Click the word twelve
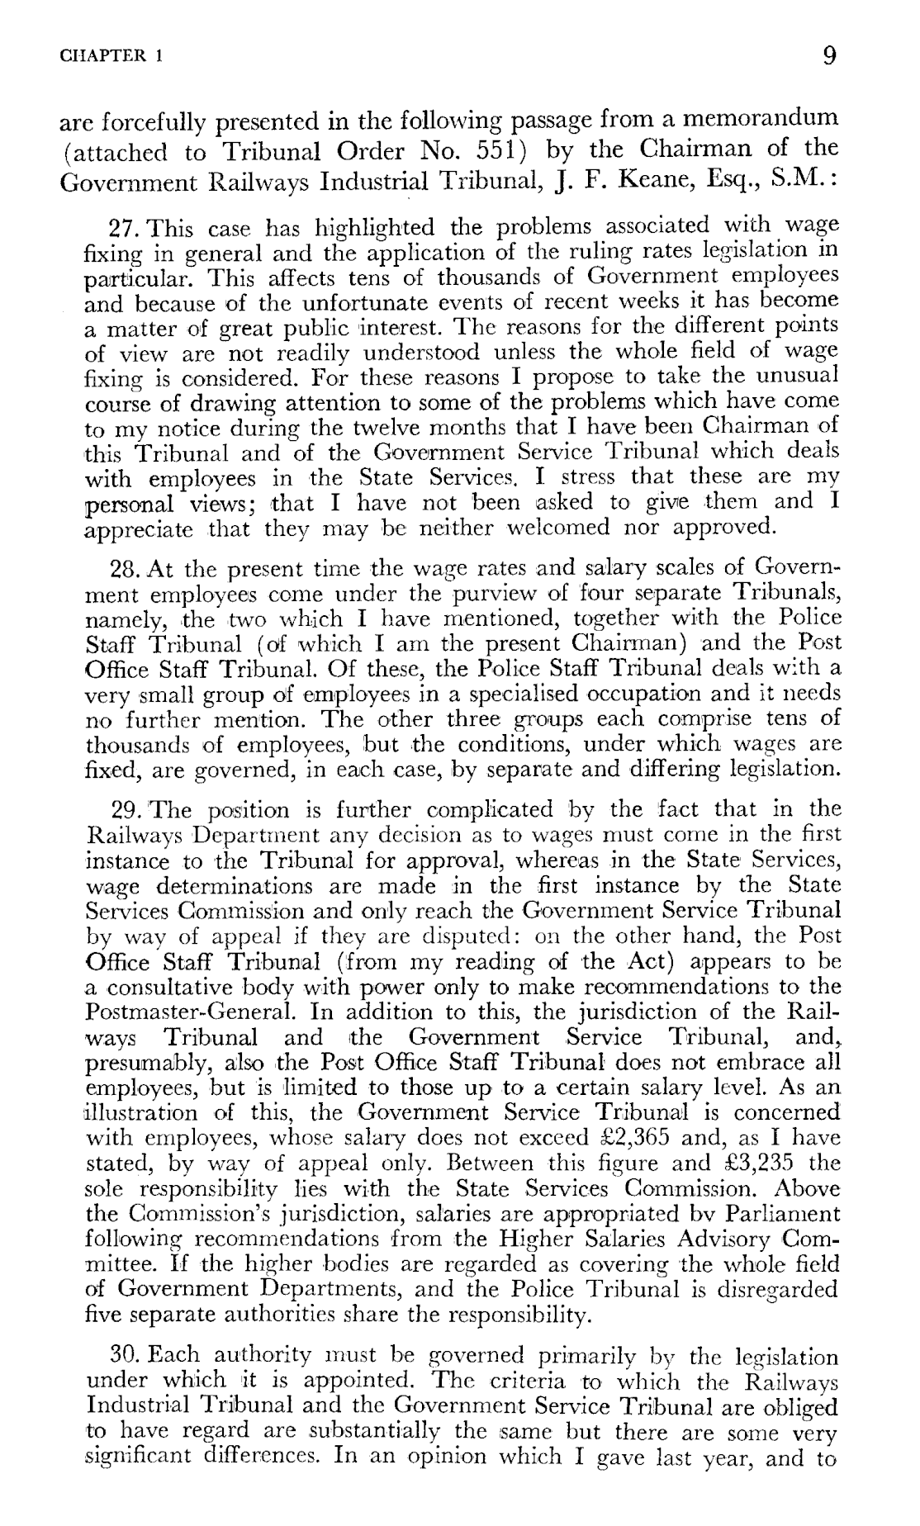[x=401, y=429]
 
